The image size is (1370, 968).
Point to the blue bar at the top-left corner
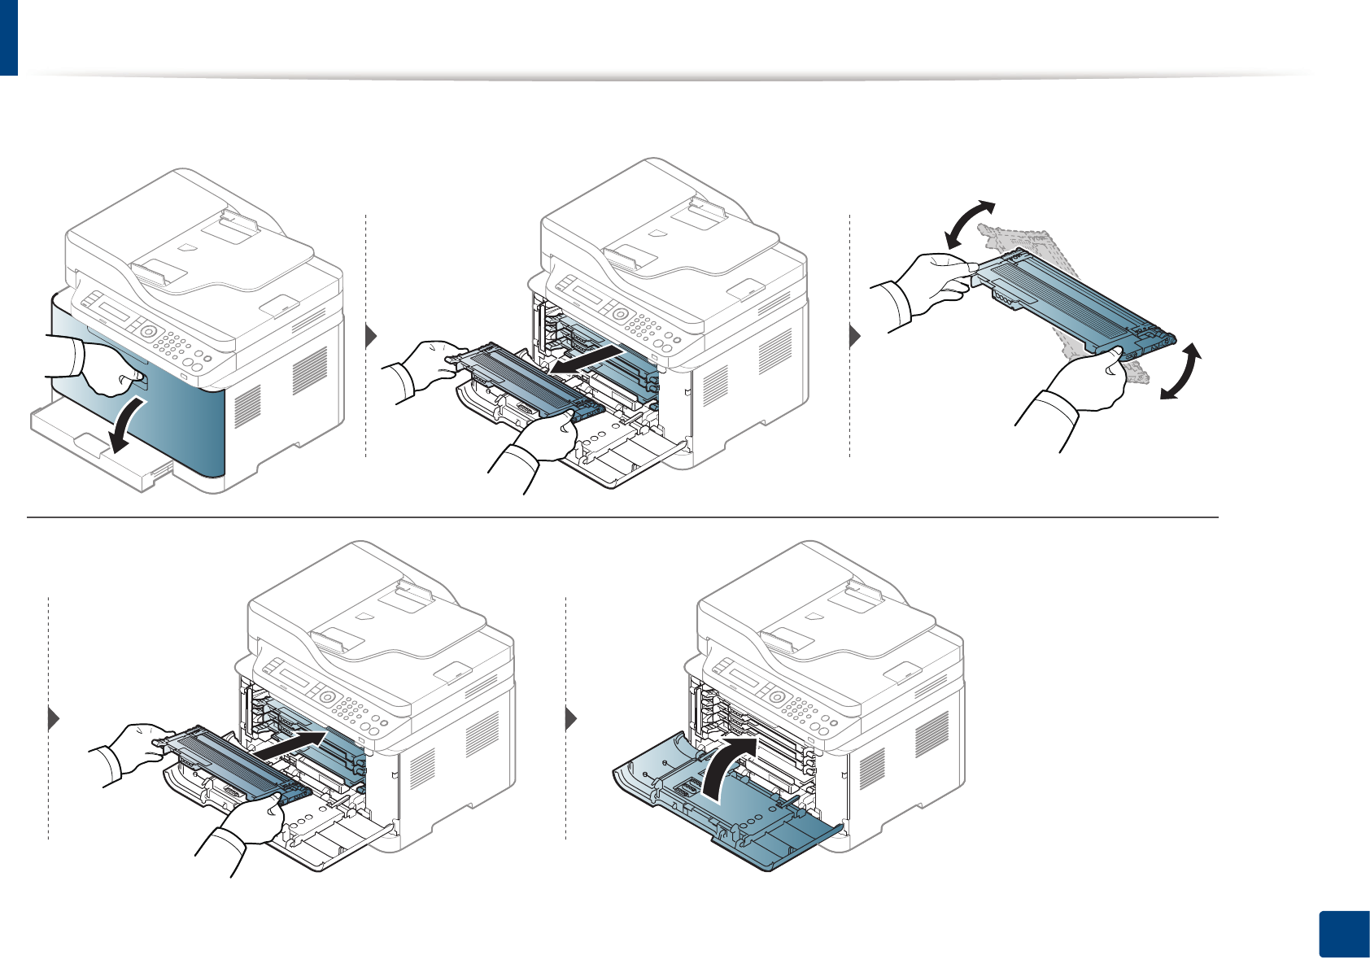click(x=8, y=37)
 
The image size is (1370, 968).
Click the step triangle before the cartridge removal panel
click(x=372, y=336)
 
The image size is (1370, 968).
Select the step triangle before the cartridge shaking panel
click(x=854, y=336)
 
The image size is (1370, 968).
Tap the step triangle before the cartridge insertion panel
click(x=55, y=719)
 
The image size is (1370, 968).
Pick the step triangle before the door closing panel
click(x=571, y=719)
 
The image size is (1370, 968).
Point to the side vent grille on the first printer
click(x=308, y=369)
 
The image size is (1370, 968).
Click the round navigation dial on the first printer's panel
click(x=148, y=332)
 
